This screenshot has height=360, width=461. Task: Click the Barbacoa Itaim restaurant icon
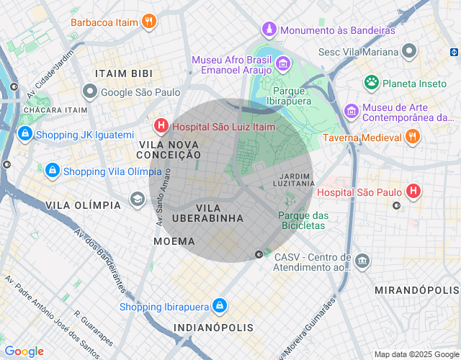(x=148, y=22)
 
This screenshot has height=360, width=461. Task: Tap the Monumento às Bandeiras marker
(x=269, y=30)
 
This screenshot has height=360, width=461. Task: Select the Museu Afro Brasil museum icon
(x=283, y=65)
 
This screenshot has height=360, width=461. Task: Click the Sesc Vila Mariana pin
(x=410, y=52)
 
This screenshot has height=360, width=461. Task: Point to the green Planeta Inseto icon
(x=371, y=83)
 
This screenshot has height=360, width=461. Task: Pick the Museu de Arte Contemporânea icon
(x=352, y=111)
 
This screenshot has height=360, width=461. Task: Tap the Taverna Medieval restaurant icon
(x=412, y=137)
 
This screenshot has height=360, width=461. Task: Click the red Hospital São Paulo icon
(x=413, y=192)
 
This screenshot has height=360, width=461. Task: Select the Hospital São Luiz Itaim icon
(x=161, y=127)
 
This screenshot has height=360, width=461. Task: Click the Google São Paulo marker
(x=89, y=91)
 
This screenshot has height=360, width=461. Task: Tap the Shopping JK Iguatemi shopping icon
(x=24, y=135)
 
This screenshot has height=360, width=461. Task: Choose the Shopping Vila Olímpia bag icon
(x=52, y=171)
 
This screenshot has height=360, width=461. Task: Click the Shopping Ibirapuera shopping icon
(x=220, y=307)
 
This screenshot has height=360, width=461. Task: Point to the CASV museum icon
(x=363, y=260)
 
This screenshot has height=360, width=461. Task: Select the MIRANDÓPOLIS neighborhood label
(x=416, y=289)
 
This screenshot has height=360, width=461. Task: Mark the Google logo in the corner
(x=24, y=351)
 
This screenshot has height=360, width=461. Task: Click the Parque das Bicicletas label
(x=303, y=220)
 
